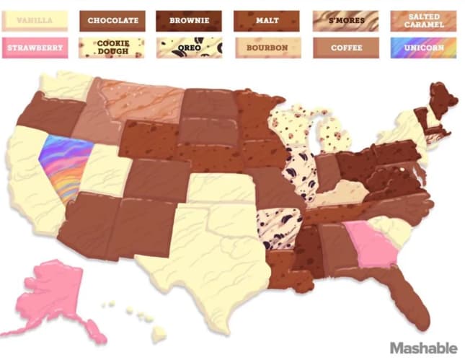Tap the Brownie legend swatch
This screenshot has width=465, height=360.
[190, 21]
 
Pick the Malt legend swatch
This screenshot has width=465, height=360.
[267, 21]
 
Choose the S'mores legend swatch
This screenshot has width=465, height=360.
[346, 21]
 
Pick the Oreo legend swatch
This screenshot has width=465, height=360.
[190, 48]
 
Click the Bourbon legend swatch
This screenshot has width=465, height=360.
[267, 48]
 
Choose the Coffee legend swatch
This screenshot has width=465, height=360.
[346, 48]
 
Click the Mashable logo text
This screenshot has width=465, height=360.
[423, 348]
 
